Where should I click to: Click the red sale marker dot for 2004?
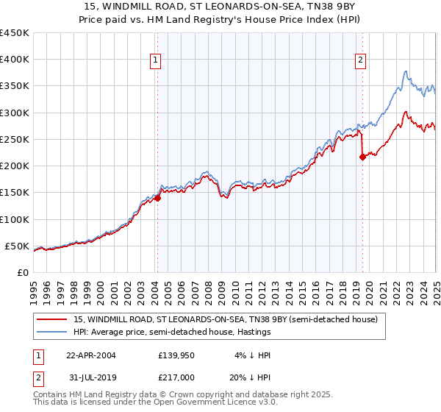pyautogui.click(x=157, y=198)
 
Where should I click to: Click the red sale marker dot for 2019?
pyautogui.click(x=362, y=157)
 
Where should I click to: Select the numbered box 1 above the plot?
pyautogui.click(x=157, y=61)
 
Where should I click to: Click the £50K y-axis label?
pyautogui.click(x=18, y=246)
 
